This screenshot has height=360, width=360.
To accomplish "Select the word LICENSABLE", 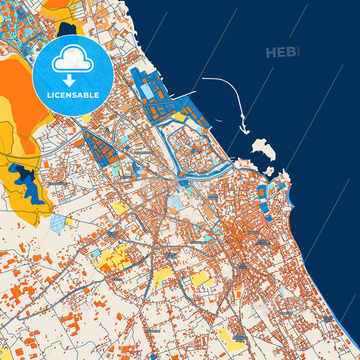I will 73,95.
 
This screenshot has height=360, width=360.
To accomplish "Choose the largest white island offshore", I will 262,149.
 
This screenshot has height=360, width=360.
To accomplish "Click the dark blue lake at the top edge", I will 68,28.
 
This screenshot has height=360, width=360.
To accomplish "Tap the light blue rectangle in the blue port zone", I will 146,91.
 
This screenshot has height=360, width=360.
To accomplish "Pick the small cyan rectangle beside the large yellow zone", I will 97,252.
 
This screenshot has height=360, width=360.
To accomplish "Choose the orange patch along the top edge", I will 57,9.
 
